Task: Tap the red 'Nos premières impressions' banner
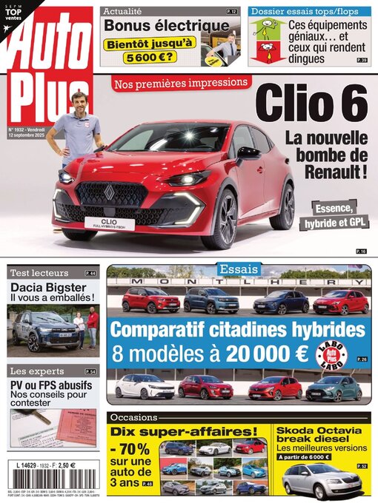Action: pos(182,82)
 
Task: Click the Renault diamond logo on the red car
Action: pos(109,192)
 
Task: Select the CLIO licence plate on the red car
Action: pos(109,222)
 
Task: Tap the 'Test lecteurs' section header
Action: pos(40,273)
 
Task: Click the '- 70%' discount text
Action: pos(132,450)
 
